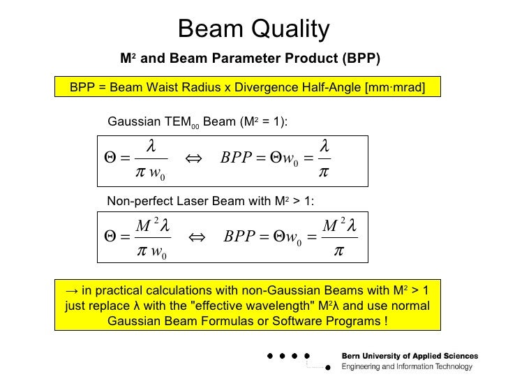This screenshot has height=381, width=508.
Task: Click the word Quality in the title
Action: coord(293,30)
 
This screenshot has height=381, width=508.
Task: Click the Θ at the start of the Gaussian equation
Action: coord(110,159)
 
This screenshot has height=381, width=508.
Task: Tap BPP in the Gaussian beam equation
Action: coord(236,159)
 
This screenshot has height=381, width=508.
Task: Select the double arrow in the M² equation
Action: coord(197,237)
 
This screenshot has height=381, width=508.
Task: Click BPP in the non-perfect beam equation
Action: coord(240,237)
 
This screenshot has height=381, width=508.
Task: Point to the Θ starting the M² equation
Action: coord(110,237)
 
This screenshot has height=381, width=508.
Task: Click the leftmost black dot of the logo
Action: coord(270,356)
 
